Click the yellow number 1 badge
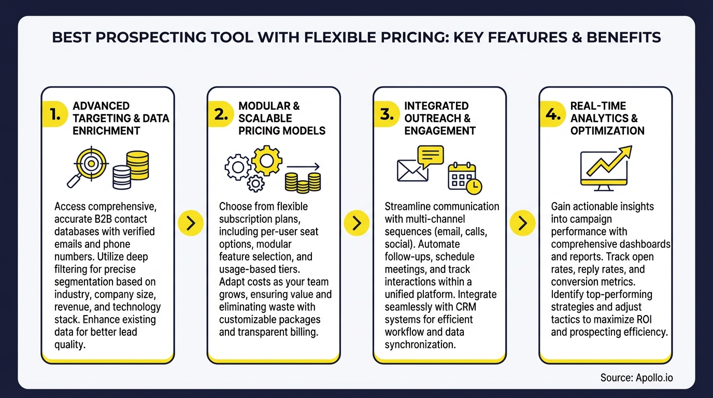click(55, 115)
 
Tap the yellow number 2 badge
click(221, 115)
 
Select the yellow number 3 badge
click(387, 115)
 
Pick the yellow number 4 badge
click(553, 115)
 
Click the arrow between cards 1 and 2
click(191, 223)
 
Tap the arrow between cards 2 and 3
click(356, 223)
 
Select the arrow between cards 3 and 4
click(522, 223)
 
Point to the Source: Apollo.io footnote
click(636, 378)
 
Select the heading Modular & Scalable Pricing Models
click(281, 118)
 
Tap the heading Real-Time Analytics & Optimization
click(607, 118)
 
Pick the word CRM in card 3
click(464, 307)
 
